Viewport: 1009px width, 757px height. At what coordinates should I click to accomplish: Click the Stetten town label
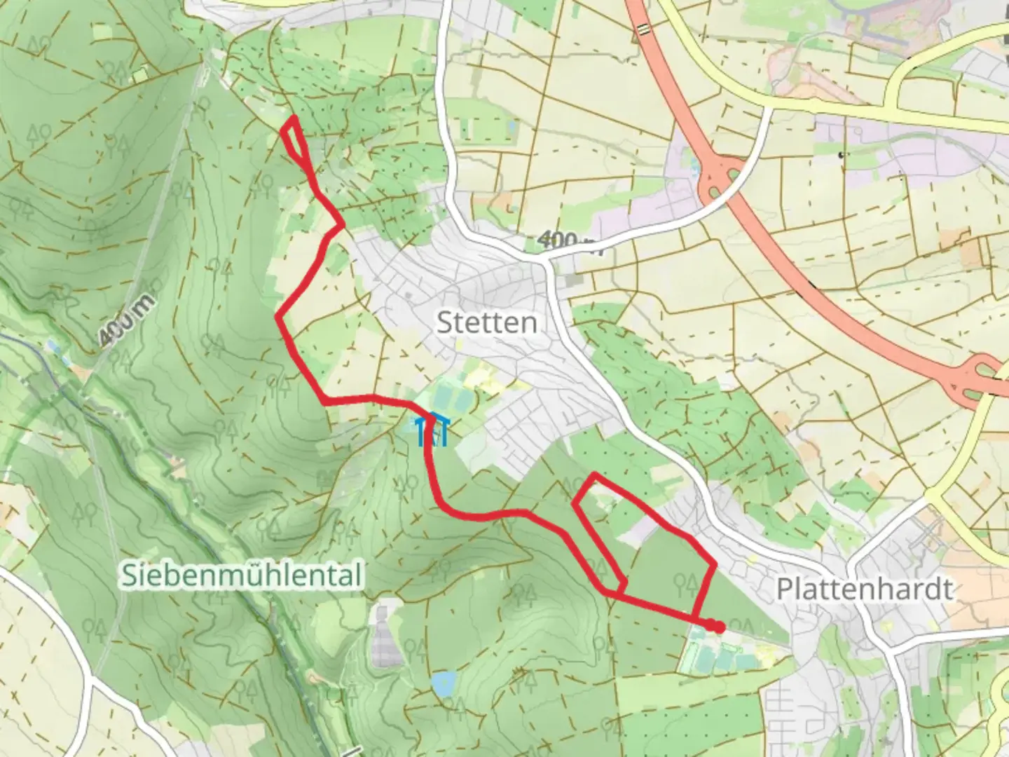(487, 323)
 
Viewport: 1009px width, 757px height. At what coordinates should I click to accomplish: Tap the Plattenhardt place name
(865, 589)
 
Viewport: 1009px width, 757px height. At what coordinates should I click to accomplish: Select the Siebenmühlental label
(242, 575)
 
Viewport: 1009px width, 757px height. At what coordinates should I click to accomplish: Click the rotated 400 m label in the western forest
(126, 323)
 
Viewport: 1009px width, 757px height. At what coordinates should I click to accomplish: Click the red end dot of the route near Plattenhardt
(718, 627)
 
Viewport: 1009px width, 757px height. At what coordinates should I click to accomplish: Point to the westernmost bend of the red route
(279, 318)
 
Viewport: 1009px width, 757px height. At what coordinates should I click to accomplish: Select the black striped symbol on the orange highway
(643, 29)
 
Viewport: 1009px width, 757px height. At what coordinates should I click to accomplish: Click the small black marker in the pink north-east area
(841, 154)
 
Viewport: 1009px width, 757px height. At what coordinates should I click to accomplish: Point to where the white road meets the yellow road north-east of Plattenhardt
(928, 493)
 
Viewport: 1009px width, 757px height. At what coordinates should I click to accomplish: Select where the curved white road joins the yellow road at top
(769, 107)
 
